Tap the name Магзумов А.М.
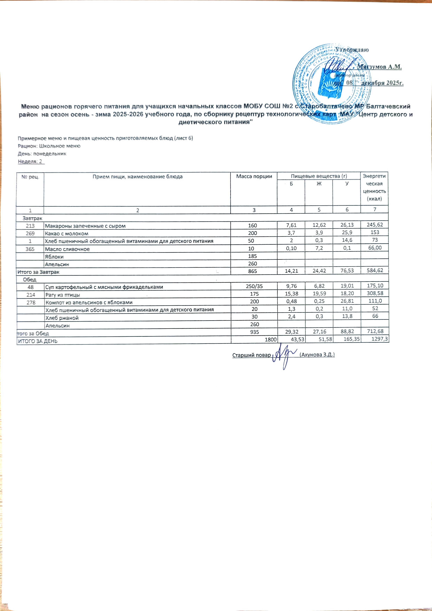click(x=379, y=67)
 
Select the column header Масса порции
click(x=254, y=176)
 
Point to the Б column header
click(x=291, y=184)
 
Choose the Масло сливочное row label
click(x=67, y=249)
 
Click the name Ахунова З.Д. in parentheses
click(x=317, y=355)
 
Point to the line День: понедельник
click(x=42, y=154)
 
